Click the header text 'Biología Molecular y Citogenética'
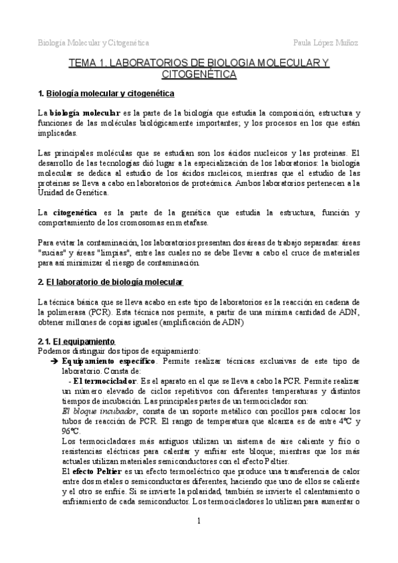[92, 42]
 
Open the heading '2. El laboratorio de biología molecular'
[110, 282]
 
